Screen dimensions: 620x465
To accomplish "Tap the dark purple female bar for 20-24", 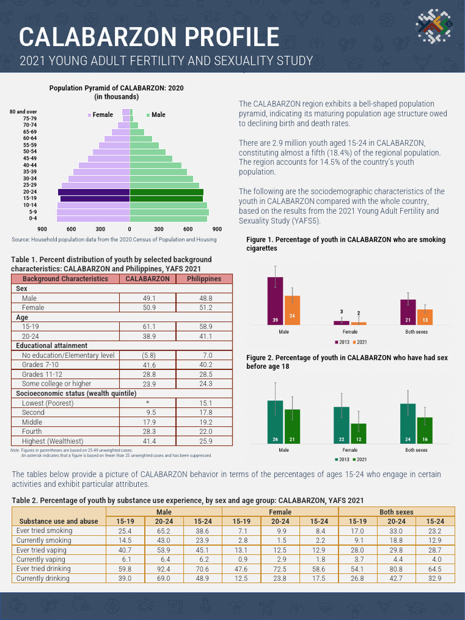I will pos(94,192).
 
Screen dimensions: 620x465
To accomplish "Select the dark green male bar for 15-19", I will pos(166,199).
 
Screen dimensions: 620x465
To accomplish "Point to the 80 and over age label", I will pos(23,112).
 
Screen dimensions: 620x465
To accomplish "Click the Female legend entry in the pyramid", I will pos(101,114).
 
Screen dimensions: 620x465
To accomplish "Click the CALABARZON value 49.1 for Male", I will pos(149,298).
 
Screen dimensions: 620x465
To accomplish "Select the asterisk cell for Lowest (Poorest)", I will pos(149,403).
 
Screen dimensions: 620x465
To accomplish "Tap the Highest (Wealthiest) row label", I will pos(52,441).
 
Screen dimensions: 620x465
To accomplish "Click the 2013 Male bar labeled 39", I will pos(275,301).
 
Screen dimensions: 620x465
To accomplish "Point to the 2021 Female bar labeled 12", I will pos(358,435).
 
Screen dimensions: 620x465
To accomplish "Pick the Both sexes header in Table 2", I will pos(396,512).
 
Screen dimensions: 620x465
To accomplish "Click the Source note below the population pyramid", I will pos(114,240).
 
